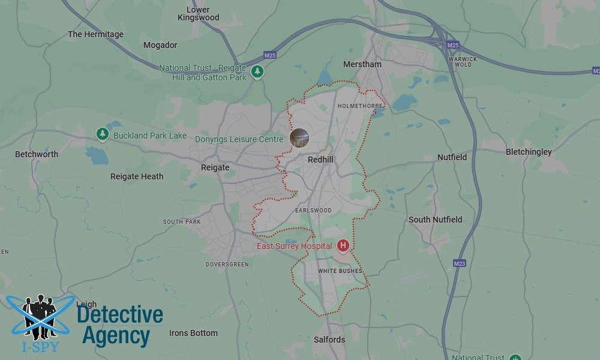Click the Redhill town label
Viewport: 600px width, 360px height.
pyautogui.click(x=320, y=160)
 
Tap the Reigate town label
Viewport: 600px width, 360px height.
pyautogui.click(x=215, y=167)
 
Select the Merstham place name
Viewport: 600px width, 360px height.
pyautogui.click(x=362, y=64)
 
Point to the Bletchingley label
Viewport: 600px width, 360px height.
pyautogui.click(x=529, y=152)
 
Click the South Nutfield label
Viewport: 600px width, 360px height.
pyautogui.click(x=436, y=220)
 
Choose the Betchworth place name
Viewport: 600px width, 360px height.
pyautogui.click(x=37, y=154)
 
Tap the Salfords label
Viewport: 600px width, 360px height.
pyautogui.click(x=329, y=340)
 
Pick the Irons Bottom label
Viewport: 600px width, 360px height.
pyautogui.click(x=193, y=333)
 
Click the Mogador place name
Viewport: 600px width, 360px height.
pyautogui.click(x=160, y=45)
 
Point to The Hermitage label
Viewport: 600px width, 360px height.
pyautogui.click(x=95, y=34)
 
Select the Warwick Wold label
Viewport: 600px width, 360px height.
pyautogui.click(x=463, y=62)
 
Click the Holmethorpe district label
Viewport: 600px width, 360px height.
pyautogui.click(x=360, y=106)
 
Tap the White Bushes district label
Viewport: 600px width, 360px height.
pyautogui.click(x=340, y=271)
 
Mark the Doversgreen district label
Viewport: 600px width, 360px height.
pyautogui.click(x=227, y=264)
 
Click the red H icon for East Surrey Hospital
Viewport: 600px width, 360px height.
pyautogui.click(x=343, y=245)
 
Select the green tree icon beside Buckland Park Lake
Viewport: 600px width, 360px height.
pyautogui.click(x=103, y=134)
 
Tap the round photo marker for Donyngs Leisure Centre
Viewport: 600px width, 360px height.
pyautogui.click(x=299, y=138)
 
